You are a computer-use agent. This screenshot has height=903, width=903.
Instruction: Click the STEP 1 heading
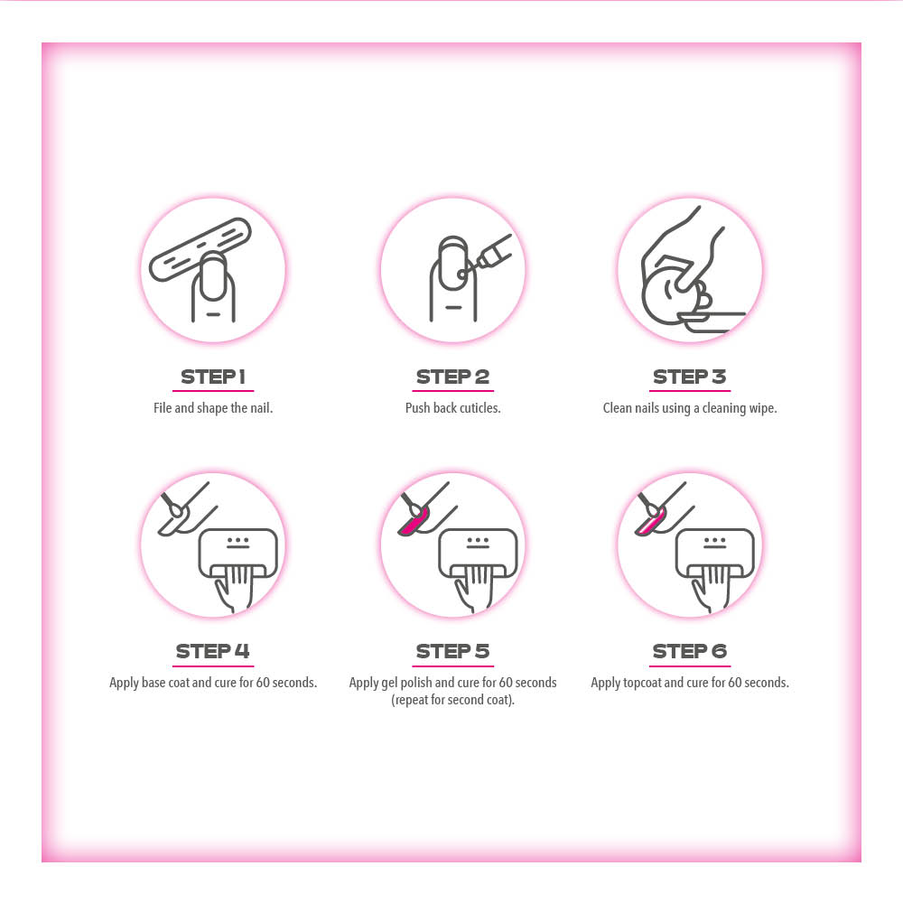coord(213,377)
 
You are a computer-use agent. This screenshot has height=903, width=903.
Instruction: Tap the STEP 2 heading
coord(452,377)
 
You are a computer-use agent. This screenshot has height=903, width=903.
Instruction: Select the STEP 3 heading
coord(689,377)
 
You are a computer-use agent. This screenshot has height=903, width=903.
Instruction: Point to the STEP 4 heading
coord(212,651)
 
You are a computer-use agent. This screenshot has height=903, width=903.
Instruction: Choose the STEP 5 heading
coord(452,651)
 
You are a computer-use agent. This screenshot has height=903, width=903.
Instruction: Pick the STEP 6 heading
coord(689,651)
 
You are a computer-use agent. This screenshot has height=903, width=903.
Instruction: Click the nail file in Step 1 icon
coord(200,249)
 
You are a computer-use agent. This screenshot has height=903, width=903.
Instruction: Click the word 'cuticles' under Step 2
coord(480,408)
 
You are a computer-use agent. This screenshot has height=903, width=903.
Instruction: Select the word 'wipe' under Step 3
coord(763,408)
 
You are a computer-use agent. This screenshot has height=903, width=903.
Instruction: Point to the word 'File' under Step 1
coord(163,408)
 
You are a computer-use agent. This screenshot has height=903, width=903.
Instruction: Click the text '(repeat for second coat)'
coord(452,701)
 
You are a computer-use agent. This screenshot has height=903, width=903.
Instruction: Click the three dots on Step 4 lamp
coord(237,540)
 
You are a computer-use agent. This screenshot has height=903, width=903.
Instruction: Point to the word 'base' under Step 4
coord(154,683)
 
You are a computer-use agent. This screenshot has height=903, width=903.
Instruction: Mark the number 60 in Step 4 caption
coord(263,683)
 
